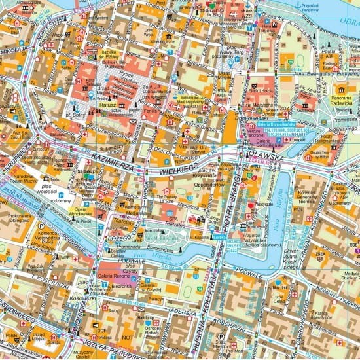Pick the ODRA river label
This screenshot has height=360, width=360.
pos(350,20)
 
